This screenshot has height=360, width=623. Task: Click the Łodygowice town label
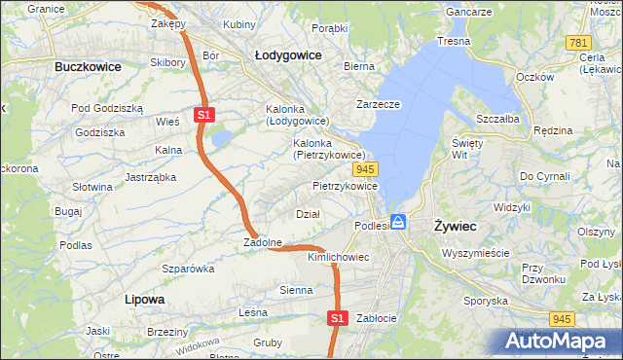click(x=288, y=55)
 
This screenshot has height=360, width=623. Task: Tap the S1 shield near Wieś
click(x=203, y=115)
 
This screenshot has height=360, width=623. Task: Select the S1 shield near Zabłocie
click(x=337, y=317)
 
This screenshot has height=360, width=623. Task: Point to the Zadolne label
click(x=263, y=242)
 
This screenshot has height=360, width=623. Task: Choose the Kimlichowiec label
click(x=338, y=257)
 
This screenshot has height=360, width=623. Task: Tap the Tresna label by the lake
click(x=454, y=42)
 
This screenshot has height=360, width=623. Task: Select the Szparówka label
click(x=188, y=268)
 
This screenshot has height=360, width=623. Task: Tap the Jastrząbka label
click(x=150, y=177)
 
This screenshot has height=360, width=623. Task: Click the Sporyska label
click(x=487, y=301)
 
